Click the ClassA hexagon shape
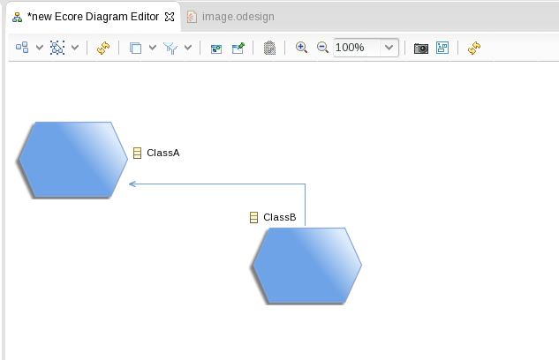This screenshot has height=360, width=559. pos(73,160)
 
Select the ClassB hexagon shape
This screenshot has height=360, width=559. pos(307,266)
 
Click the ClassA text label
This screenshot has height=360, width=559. pos(162,153)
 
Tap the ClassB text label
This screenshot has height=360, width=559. pos(279,217)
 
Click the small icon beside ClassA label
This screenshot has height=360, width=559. pos(137,153)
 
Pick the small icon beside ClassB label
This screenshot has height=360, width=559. pos(253,217)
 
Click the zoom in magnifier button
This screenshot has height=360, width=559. pos(301,48)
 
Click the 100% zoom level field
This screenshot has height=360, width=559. pos(357,48)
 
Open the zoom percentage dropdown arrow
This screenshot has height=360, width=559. pos(389,48)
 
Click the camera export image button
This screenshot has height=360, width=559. pos(421,48)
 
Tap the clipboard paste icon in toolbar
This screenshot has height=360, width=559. pos(269,48)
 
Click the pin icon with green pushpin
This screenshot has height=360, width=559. pos(238,48)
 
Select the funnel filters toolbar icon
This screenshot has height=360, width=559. pos(170,48)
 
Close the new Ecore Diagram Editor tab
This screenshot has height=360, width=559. pos(170,17)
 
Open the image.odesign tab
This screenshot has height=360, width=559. pos(231,17)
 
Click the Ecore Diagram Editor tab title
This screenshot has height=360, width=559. pos(93,17)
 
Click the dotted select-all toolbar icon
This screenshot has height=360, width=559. pos(57,48)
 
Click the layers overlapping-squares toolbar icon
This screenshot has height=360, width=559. pos(135,48)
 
